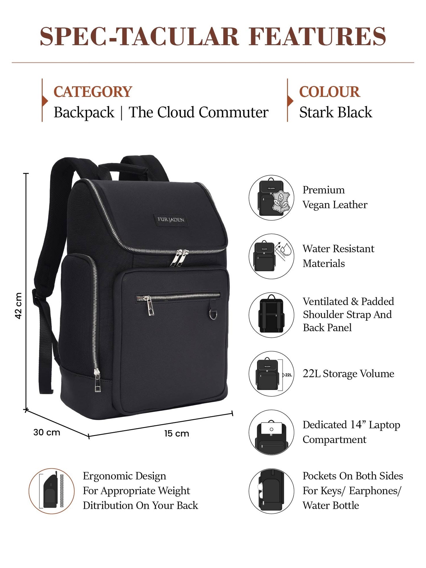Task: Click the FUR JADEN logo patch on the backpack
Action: click(x=171, y=220)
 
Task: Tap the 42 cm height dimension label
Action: click(x=18, y=306)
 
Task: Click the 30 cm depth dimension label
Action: click(x=47, y=432)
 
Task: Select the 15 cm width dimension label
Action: click(x=177, y=434)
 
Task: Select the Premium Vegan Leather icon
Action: click(x=272, y=197)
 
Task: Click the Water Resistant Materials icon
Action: click(x=272, y=256)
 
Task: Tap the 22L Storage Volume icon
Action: click(x=272, y=374)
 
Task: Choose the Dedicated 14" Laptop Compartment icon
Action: click(x=272, y=432)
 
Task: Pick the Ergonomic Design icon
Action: click(x=52, y=491)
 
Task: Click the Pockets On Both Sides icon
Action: click(x=272, y=491)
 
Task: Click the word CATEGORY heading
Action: click(x=93, y=92)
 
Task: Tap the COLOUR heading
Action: click(x=329, y=92)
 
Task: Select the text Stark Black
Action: click(x=336, y=112)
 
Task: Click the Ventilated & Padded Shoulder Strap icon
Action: click(x=272, y=315)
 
